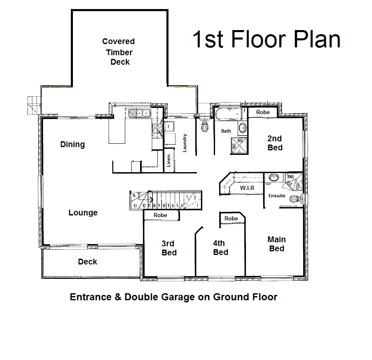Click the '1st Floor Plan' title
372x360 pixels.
tap(267, 40)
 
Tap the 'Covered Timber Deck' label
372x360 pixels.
tap(119, 52)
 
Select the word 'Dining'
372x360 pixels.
tap(73, 144)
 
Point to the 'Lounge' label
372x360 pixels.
tap(83, 213)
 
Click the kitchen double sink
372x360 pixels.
tap(143, 113)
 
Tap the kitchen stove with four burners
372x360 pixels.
tap(157, 129)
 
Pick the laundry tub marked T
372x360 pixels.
tap(169, 127)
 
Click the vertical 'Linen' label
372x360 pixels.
tap(168, 162)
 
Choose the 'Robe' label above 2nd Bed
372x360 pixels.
tap(263, 112)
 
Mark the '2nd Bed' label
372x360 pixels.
tap(275, 143)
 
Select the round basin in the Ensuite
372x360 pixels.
tap(273, 178)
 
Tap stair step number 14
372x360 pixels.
tap(134, 196)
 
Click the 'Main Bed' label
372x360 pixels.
tap(276, 244)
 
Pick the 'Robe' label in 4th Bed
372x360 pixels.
tap(231, 218)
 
